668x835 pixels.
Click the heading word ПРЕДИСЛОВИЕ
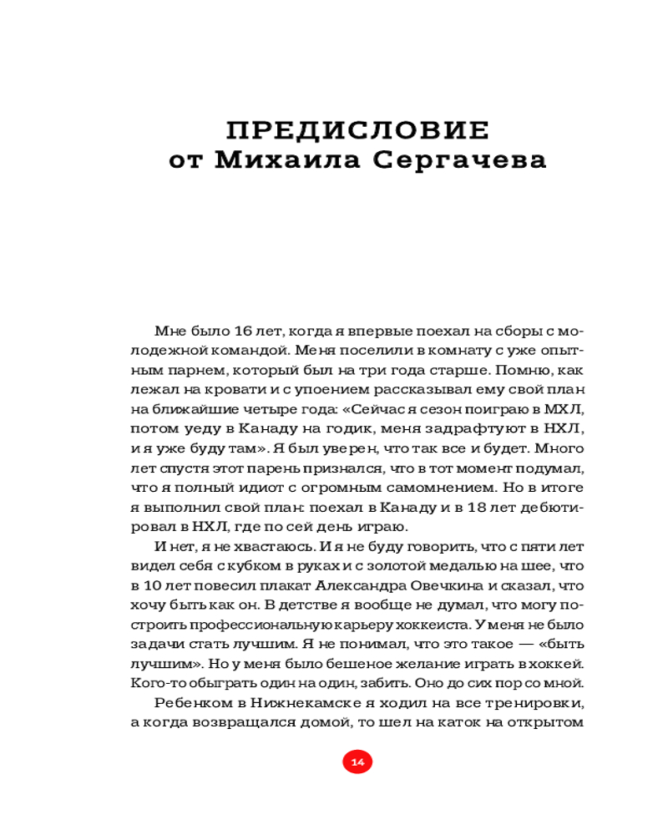pyautogui.click(x=357, y=130)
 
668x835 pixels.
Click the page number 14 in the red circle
pyautogui.click(x=357, y=762)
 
